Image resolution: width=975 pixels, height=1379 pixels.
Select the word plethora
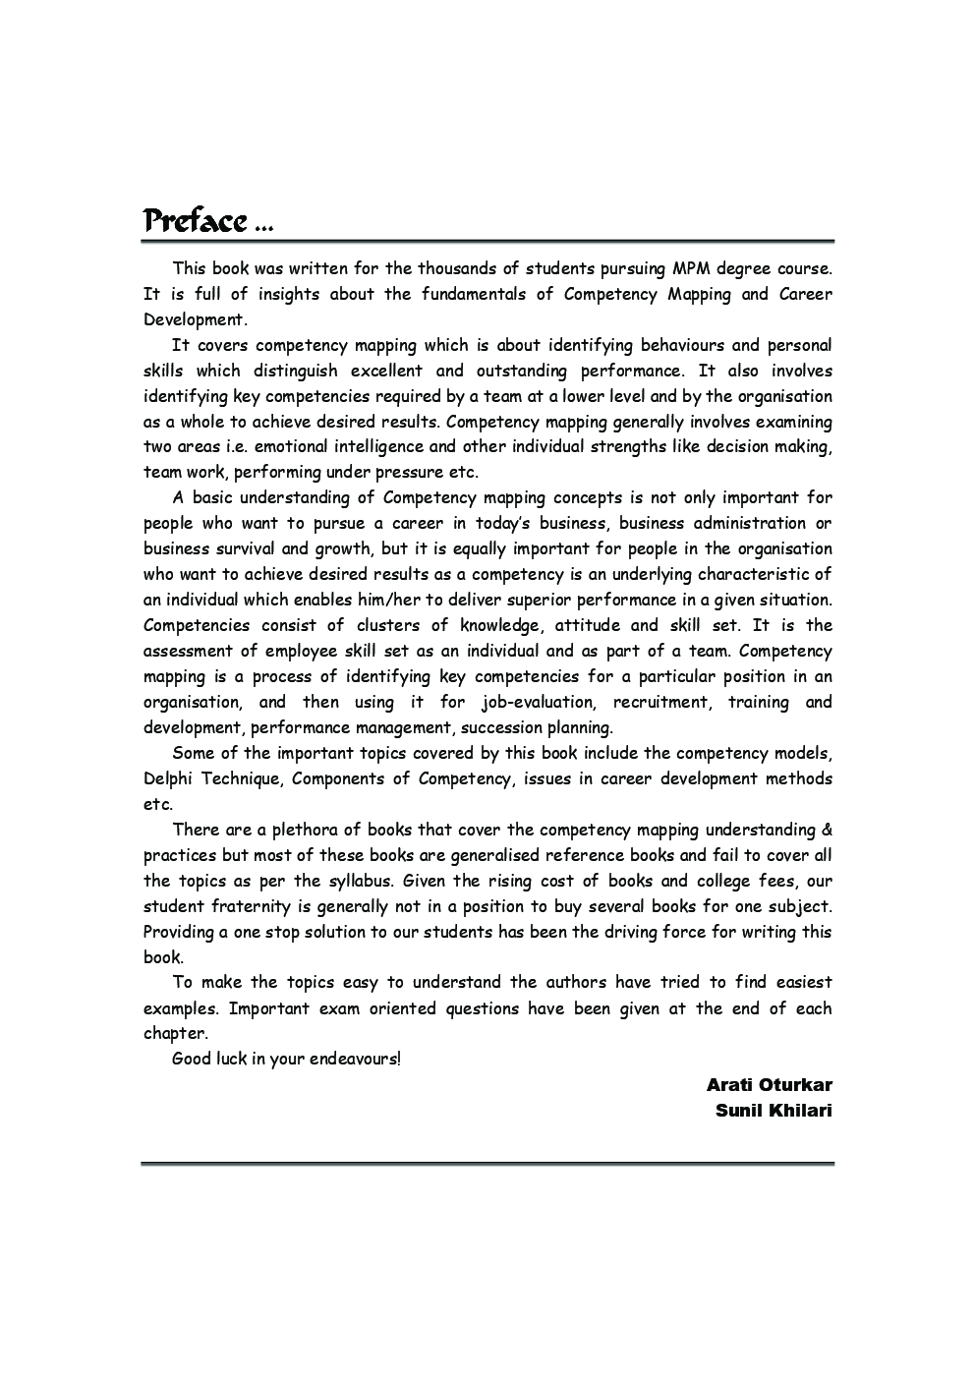click(299, 831)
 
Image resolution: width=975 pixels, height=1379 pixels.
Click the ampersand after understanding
click(827, 831)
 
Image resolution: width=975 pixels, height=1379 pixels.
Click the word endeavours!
click(355, 1060)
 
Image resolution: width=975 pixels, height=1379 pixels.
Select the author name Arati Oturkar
click(769, 1085)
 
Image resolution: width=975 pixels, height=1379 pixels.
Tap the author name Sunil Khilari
click(774, 1111)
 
